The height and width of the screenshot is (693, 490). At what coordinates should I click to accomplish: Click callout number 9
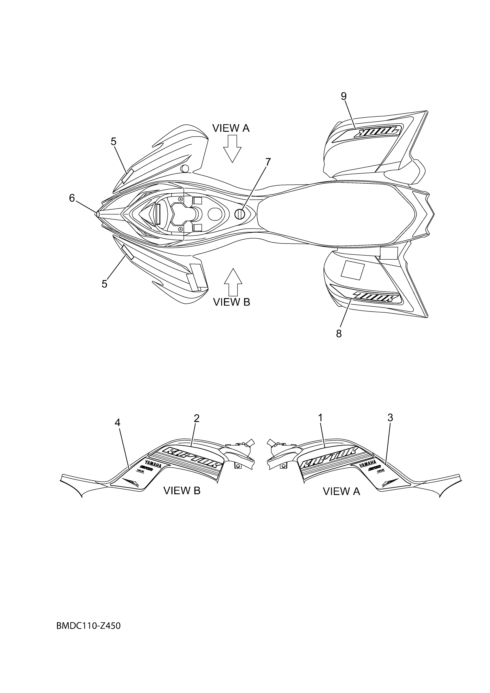tap(344, 96)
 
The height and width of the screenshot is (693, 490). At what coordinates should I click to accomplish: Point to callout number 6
tap(72, 198)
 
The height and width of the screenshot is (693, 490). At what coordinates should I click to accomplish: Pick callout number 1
tap(320, 418)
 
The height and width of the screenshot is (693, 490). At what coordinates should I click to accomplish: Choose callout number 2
tap(197, 418)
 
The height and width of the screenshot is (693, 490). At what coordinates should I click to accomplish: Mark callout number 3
tap(390, 418)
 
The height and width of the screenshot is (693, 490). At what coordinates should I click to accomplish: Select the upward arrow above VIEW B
tap(233, 282)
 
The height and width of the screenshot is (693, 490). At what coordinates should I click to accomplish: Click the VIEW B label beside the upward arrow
tap(231, 302)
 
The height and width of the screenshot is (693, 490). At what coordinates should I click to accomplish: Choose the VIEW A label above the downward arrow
tap(231, 128)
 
